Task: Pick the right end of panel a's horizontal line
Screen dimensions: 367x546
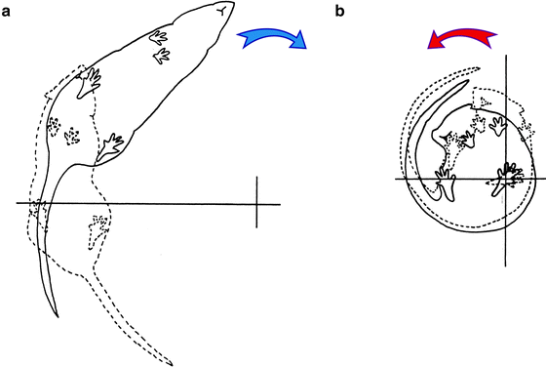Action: (x=281, y=203)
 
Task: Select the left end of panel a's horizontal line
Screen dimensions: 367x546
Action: (x=16, y=202)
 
